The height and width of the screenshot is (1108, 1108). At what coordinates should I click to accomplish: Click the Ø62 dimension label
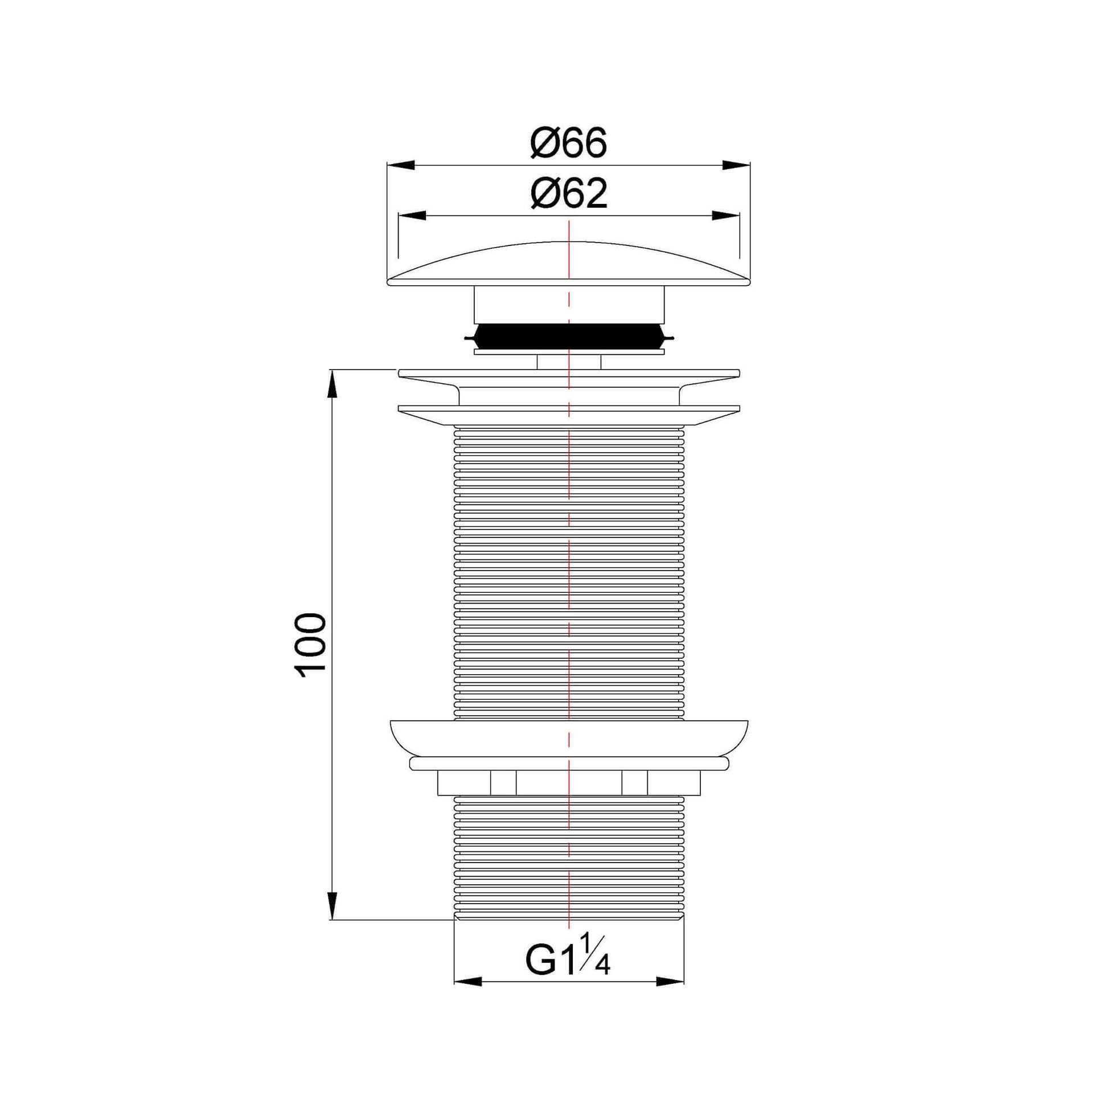(568, 194)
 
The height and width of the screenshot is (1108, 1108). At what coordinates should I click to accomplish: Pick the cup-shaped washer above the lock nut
(568, 738)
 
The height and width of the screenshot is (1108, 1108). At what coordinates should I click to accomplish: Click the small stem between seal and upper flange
(568, 363)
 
